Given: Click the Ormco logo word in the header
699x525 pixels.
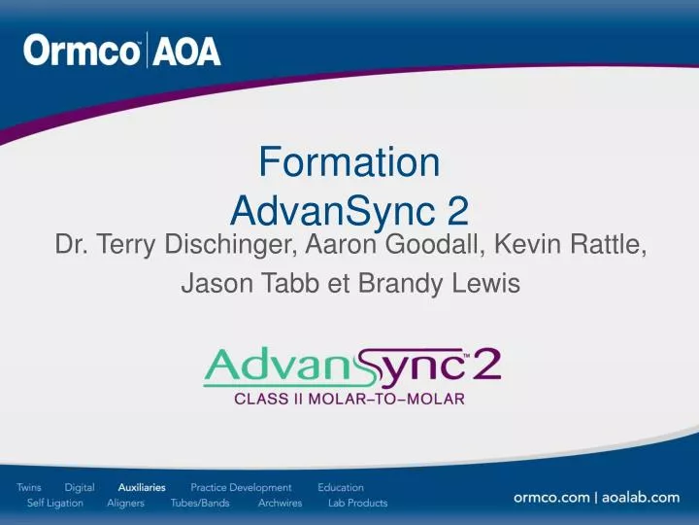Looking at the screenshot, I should coord(83,51).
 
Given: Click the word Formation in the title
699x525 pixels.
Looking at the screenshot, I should coord(349,162).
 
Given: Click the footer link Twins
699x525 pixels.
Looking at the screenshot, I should coord(29,487).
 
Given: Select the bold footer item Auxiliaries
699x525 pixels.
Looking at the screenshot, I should coord(142,487).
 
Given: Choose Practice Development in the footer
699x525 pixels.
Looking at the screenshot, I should coord(241,487).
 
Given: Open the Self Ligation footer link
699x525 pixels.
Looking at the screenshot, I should coord(55,503).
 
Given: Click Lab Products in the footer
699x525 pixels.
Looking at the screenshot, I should coord(357,503).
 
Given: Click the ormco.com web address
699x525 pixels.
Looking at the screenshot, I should coord(551,497).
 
